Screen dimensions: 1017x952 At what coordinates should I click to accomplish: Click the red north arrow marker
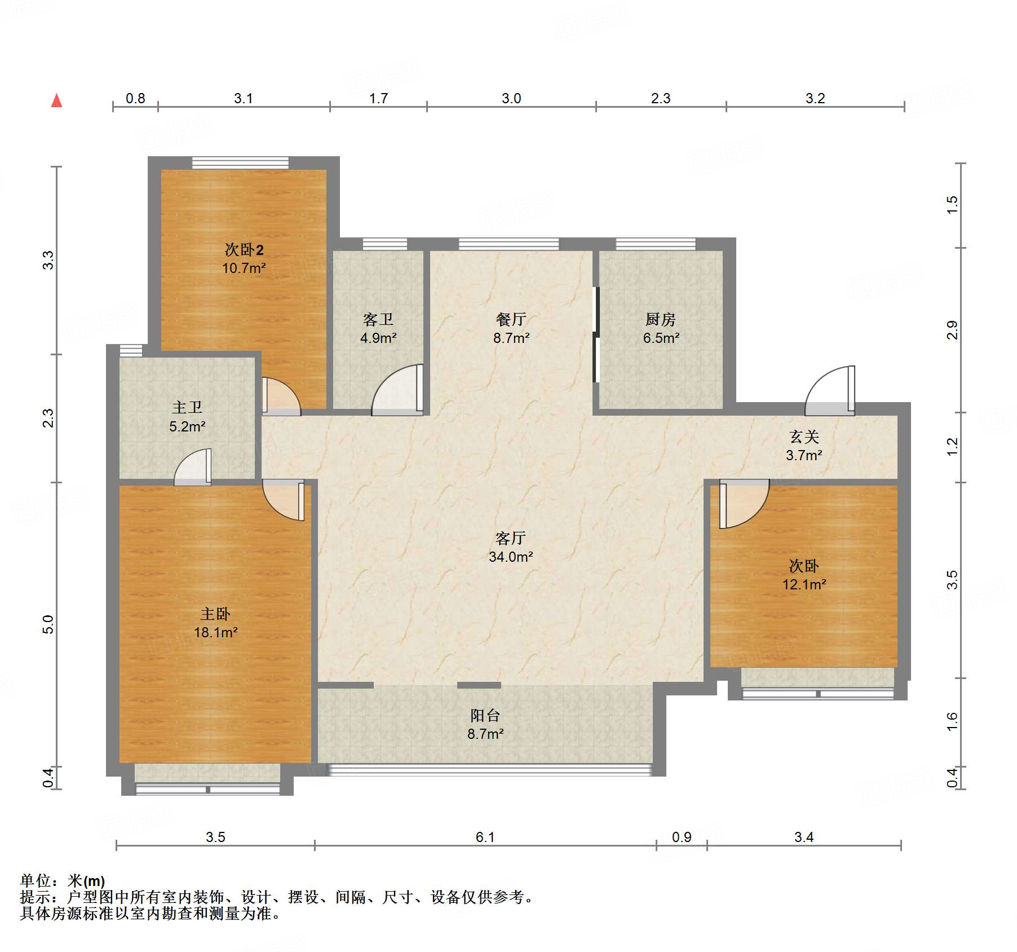[56, 100]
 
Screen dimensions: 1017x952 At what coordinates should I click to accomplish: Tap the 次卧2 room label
[244, 249]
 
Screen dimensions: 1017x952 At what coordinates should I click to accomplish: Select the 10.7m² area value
[244, 268]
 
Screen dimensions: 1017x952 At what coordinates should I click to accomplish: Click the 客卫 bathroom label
[378, 320]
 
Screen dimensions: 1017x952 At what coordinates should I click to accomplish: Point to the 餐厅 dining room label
[511, 320]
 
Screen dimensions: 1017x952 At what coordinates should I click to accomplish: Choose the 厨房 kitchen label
[660, 320]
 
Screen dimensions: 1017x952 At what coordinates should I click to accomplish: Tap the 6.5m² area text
[661, 338]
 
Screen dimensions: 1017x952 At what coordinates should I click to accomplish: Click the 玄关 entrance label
[804, 437]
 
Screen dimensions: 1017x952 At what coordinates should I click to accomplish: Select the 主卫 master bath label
[187, 407]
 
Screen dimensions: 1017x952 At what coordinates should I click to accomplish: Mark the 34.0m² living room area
[511, 557]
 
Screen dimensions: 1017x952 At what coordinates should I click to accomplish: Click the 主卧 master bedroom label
[215, 614]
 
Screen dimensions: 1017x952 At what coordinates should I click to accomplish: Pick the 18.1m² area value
[215, 632]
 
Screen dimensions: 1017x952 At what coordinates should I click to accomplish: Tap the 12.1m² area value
[804, 584]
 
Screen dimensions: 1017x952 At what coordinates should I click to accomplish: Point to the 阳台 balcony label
[485, 716]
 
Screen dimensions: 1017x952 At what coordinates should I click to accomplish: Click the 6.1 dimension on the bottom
[485, 837]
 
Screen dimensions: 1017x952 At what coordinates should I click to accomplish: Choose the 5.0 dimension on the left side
[48, 624]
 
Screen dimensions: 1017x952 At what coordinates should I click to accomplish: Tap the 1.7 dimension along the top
[378, 98]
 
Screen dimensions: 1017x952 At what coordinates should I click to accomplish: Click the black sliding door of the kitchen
[596, 335]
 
